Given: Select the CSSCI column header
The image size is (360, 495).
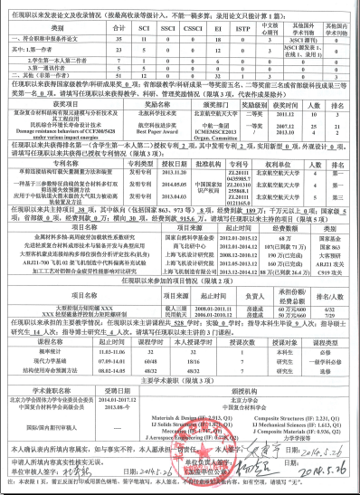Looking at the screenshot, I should pos(191,28).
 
